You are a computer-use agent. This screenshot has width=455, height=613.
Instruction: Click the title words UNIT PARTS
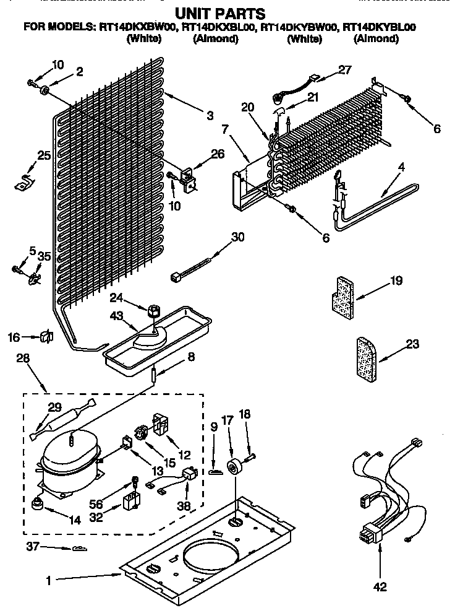pyautogui.click(x=220, y=12)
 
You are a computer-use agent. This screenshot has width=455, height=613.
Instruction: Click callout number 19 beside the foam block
pyautogui.click(x=396, y=280)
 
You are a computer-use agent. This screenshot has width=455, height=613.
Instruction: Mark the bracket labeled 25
pyautogui.click(x=24, y=182)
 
